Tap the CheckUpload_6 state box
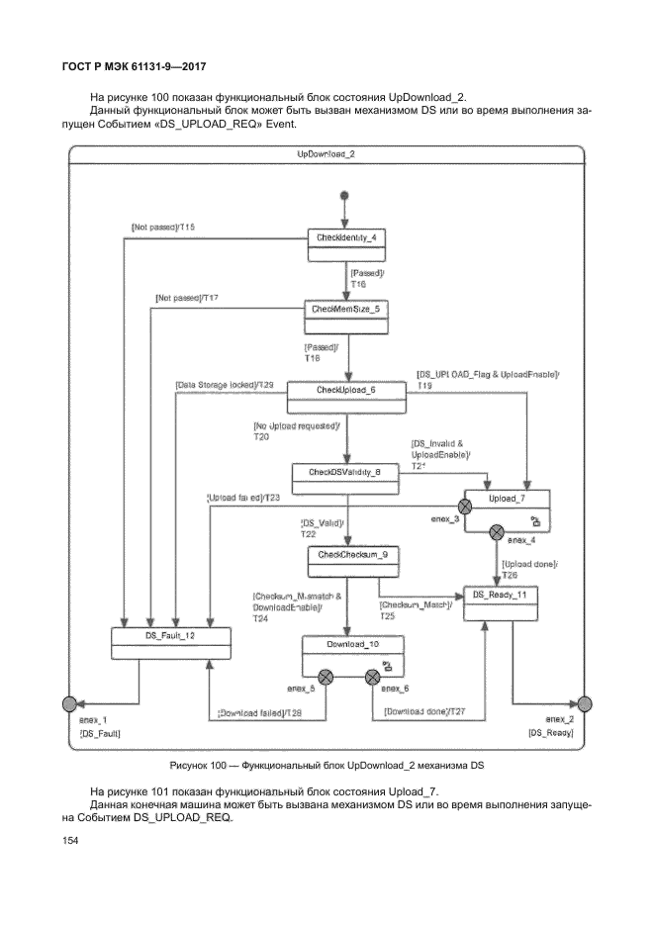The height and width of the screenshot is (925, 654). click(345, 397)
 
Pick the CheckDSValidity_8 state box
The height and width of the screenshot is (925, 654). click(344, 479)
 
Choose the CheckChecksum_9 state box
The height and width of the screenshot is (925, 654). click(344, 562)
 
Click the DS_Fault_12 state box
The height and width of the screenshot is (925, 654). click(170, 642)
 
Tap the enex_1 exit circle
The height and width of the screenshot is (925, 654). click(69, 703)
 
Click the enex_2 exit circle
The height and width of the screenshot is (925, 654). click(585, 703)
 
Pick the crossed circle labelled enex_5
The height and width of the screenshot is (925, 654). click(326, 677)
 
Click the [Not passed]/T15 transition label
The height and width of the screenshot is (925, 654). click(163, 228)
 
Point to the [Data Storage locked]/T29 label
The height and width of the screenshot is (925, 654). click(225, 384)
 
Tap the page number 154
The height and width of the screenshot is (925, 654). click(69, 842)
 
